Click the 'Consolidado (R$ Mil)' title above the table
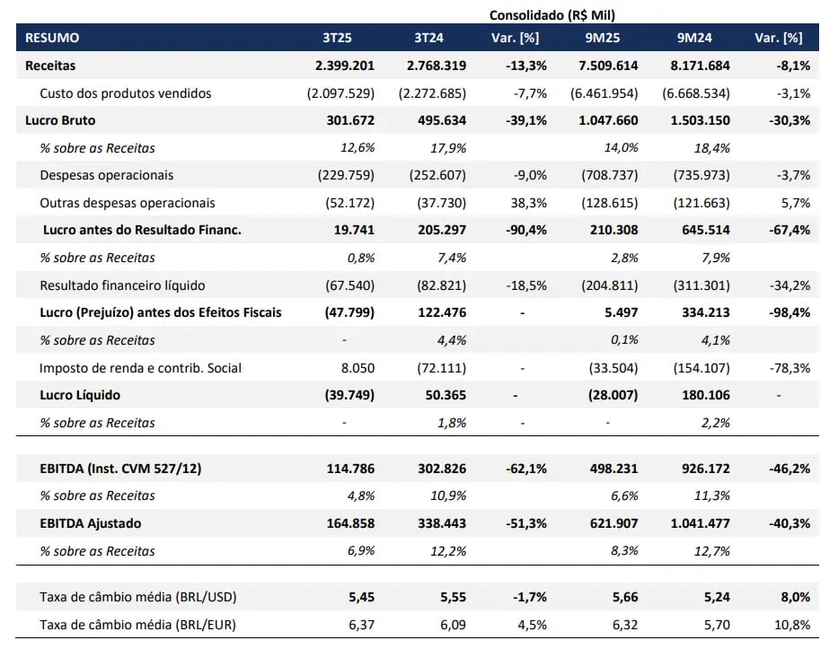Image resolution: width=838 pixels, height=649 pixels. pos(551,14)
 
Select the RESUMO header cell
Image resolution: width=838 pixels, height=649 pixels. pos(52,38)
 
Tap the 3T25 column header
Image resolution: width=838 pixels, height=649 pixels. pos(338,38)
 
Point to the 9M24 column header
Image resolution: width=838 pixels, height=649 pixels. pos(694,38)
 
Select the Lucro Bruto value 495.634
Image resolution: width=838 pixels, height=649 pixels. pos(437,120)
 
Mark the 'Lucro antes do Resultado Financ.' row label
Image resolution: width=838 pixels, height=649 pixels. pos(142,230)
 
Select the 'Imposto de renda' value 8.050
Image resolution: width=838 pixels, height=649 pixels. pos(357,368)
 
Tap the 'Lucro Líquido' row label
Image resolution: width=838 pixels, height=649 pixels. pos(80,395)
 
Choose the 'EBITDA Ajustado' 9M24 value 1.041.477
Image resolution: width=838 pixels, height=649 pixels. pos(698,523)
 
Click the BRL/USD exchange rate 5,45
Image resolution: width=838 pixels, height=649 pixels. pos(361,597)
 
